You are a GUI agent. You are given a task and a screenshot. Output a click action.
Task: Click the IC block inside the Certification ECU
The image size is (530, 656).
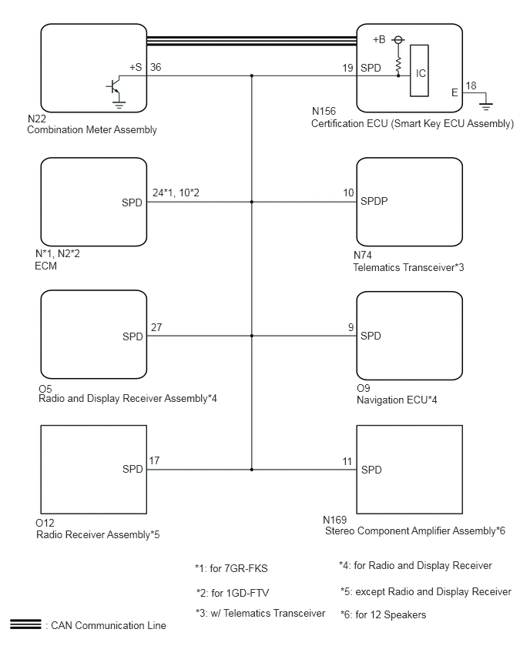point(419,71)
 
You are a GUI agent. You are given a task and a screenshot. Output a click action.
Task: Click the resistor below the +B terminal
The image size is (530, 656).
point(398,64)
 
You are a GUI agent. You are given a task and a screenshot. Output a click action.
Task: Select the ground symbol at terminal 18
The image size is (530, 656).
point(485,106)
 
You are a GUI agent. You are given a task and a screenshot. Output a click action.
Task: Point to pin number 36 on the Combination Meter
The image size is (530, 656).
point(156,67)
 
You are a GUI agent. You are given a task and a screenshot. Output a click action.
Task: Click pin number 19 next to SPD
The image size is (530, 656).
point(347,68)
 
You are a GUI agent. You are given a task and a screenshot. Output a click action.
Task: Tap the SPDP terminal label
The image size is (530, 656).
point(374,201)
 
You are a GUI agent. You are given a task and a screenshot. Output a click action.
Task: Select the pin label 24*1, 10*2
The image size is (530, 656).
point(176,192)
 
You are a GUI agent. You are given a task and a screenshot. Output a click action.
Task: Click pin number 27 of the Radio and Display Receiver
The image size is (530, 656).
point(156,327)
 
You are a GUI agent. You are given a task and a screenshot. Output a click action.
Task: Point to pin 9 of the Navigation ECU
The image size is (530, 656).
point(351,327)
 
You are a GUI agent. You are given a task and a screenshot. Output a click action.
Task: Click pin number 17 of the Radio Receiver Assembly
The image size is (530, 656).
point(154,460)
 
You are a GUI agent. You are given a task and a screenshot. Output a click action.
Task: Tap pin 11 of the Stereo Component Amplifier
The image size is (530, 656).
point(347,461)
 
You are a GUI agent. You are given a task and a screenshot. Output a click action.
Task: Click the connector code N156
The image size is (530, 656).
point(324,112)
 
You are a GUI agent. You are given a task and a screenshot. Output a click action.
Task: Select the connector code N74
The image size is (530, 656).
point(363,255)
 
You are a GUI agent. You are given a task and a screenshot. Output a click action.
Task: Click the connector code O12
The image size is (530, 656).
point(45,523)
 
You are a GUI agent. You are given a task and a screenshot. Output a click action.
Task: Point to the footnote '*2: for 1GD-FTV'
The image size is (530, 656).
point(233,593)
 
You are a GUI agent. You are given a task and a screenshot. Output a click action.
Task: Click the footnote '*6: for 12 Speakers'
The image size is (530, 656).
point(383,614)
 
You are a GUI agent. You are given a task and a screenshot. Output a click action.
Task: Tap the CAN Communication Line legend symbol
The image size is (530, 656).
point(25,624)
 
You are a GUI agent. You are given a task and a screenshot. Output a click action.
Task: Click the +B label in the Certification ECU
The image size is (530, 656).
point(379,40)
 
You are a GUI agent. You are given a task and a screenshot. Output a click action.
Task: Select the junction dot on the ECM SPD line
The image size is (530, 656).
point(252,202)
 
